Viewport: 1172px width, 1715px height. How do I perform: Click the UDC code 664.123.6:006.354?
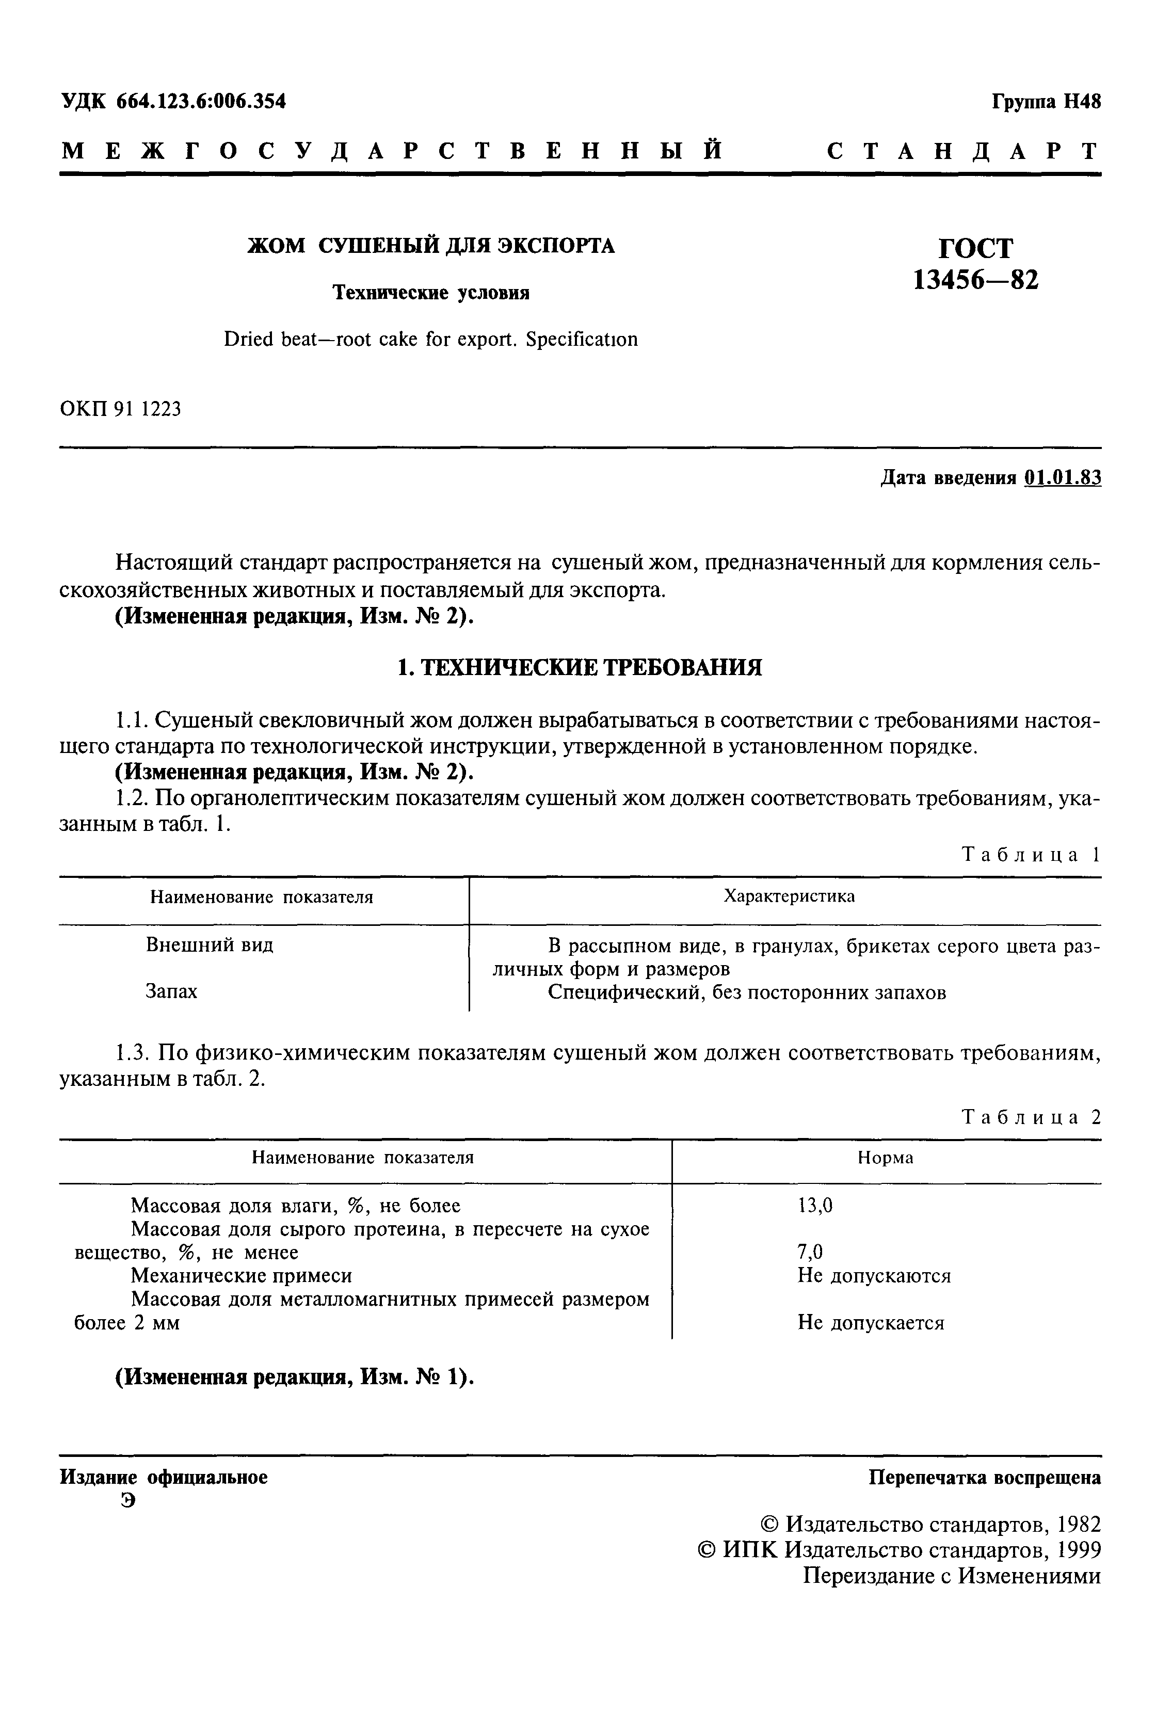coord(201,101)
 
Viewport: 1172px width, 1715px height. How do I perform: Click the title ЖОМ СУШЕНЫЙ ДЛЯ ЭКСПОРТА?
coord(430,245)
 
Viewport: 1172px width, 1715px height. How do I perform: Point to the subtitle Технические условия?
coord(431,293)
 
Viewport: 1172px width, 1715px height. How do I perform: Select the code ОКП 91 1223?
coord(120,408)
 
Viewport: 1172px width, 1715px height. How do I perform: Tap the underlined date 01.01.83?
coord(1063,478)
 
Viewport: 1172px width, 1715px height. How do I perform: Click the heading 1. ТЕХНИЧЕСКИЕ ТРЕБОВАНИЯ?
coord(580,668)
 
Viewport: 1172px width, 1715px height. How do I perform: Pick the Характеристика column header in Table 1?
coord(789,896)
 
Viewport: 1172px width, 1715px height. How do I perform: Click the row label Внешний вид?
coord(210,944)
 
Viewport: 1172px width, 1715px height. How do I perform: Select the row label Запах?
coord(171,991)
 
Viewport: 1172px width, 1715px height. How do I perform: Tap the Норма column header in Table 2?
coord(885,1158)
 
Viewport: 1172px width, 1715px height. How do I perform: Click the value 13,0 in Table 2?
coord(815,1206)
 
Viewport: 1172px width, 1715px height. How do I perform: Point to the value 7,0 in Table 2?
coord(810,1252)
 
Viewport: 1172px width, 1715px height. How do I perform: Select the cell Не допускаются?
coord(874,1275)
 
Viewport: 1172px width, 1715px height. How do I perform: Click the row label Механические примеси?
coord(242,1275)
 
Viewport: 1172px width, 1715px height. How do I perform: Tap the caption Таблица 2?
coord(1031,1117)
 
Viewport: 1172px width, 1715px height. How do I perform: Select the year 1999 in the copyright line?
coord(1078,1549)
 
